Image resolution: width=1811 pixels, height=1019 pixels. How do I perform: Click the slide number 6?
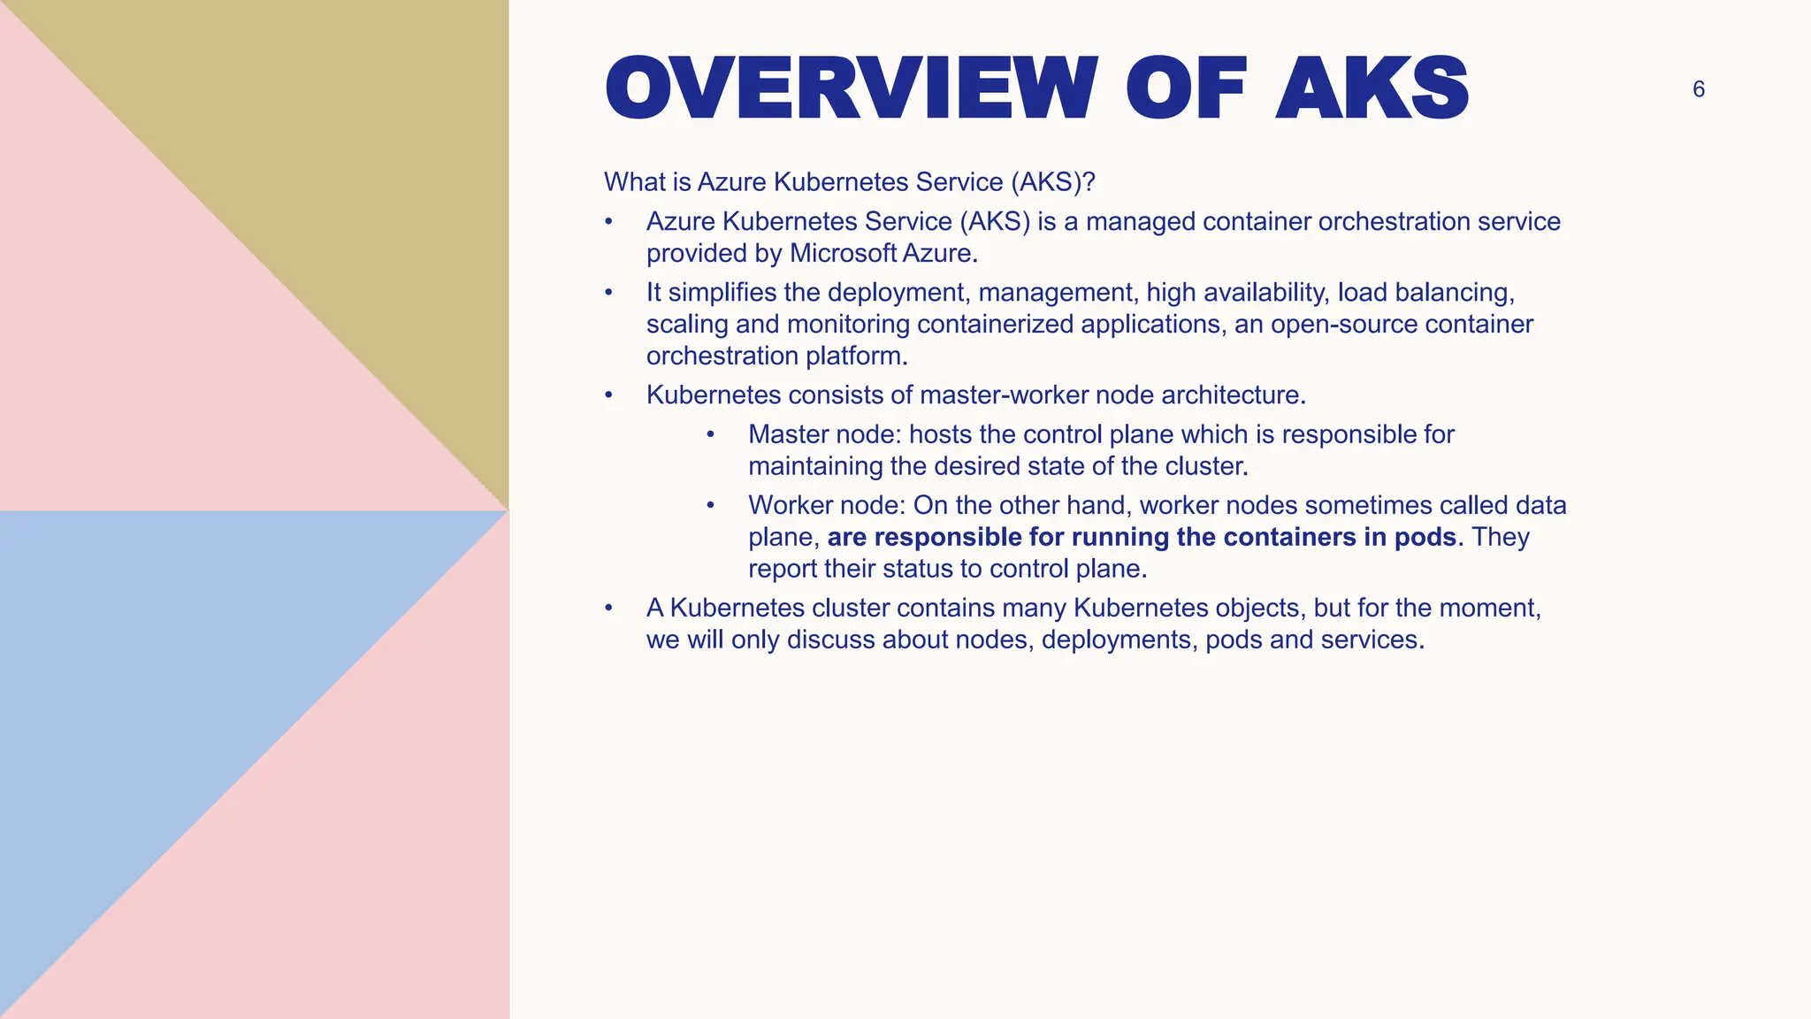click(x=1698, y=89)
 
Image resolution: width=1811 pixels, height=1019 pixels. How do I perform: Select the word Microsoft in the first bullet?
click(x=844, y=254)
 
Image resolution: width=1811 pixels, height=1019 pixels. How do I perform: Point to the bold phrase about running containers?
click(x=1142, y=537)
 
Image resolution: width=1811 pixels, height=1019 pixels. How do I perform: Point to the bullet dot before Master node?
click(x=710, y=434)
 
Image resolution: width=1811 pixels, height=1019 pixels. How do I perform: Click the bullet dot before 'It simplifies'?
click(x=608, y=293)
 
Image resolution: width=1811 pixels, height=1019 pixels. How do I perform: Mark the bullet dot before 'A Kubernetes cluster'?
click(x=608, y=608)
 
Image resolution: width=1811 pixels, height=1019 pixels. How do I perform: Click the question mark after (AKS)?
click(x=1089, y=182)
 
